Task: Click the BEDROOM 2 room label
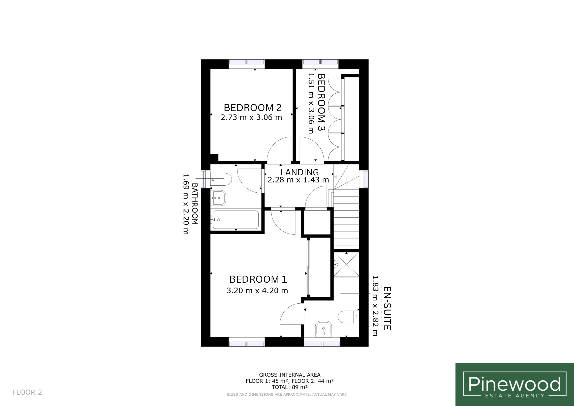pos(253,108)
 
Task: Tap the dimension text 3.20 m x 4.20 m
pos(257,290)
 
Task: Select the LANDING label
pos(300,172)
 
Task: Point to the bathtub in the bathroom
pos(235,220)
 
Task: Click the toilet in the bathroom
pos(221,179)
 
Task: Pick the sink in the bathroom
pos(219,198)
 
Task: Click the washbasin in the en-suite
pos(323,329)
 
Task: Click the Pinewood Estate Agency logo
pos(515,384)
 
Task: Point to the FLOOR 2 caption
pos(27,392)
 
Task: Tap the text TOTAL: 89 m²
pos(290,387)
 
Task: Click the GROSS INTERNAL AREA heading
pos(290,375)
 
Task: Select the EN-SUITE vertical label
pos(387,308)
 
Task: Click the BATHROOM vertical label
pos(195,204)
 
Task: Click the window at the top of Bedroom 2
pos(247,64)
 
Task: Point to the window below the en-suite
pos(322,342)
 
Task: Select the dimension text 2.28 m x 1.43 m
pos(298,180)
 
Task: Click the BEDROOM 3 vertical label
pos(321,102)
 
